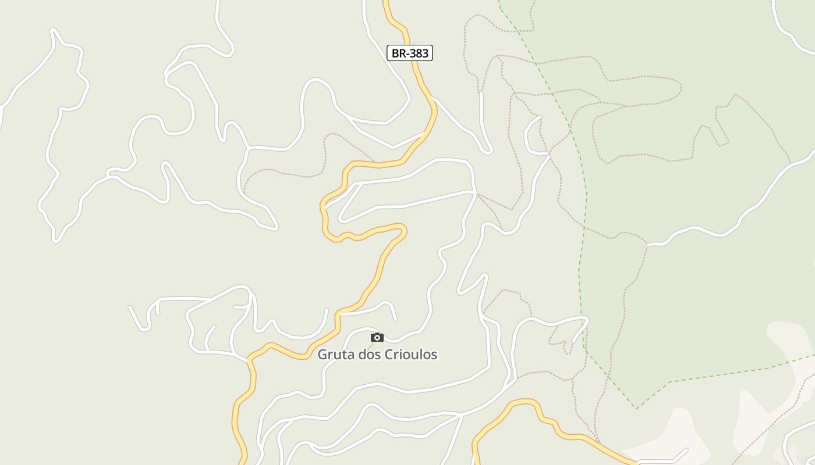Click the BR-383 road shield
[x=410, y=53]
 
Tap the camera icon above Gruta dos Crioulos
[x=377, y=337]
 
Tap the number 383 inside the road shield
[x=419, y=53]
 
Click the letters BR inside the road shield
[x=398, y=53]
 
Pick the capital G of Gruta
[x=323, y=355]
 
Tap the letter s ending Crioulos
[x=434, y=355]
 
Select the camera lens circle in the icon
[x=377, y=338]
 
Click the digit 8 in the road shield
[x=419, y=53]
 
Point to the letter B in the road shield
[x=395, y=53]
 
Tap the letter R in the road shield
[x=402, y=53]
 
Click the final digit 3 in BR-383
[x=425, y=53]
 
